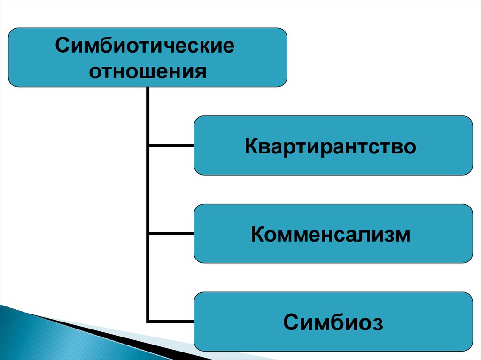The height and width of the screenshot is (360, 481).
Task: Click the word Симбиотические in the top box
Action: click(x=145, y=47)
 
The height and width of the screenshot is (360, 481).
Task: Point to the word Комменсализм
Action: click(x=331, y=234)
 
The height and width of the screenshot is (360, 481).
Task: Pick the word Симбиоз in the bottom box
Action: click(x=333, y=322)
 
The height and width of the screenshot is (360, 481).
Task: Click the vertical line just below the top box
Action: click(x=148, y=101)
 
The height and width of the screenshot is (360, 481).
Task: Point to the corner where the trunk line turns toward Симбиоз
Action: click(x=148, y=322)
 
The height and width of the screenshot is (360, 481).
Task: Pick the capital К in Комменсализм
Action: click(x=258, y=234)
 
